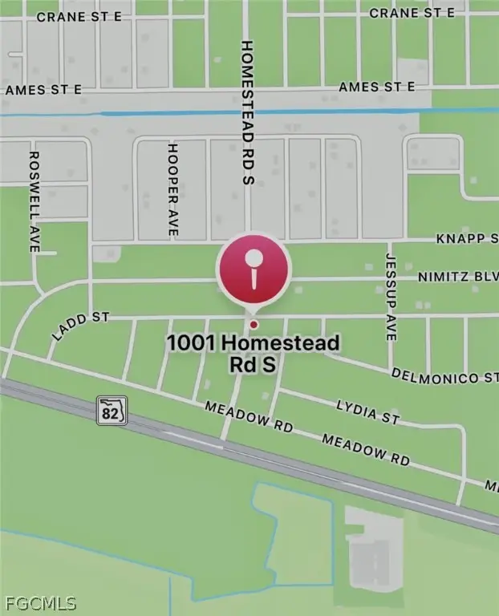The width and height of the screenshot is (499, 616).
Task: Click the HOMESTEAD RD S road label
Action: pos(247,112)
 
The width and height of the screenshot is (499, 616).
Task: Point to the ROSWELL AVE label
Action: pos(34,201)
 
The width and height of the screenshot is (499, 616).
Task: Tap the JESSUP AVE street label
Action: pos(391,298)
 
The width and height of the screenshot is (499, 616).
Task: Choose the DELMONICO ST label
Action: pos(444,376)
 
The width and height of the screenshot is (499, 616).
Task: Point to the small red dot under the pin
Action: pos(254,324)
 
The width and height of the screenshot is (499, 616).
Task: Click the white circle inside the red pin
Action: pos(254,258)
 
